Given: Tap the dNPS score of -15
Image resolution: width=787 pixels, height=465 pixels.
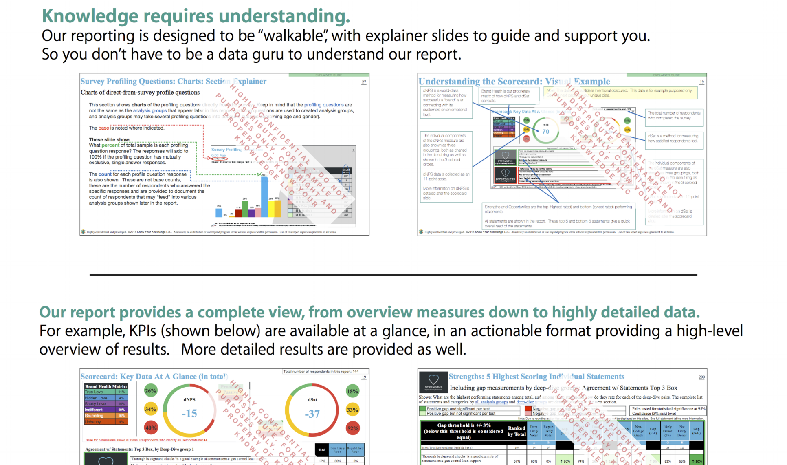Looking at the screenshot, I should [x=189, y=413].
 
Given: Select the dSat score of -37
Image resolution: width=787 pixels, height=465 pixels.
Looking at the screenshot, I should [x=312, y=414].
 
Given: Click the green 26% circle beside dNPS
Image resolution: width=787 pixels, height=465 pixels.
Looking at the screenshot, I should [x=151, y=391].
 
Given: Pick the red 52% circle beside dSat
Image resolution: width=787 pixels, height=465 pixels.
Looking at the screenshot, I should [x=353, y=428].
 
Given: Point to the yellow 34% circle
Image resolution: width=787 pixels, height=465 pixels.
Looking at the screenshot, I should [x=151, y=409].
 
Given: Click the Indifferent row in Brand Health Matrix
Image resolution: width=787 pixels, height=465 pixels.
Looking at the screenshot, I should [x=106, y=410].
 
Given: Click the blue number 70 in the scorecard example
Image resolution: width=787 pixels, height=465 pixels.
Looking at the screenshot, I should [x=546, y=131].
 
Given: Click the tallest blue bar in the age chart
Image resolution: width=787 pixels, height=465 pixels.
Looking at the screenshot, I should [x=264, y=196].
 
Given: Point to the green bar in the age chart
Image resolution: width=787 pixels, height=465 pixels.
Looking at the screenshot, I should [x=245, y=208].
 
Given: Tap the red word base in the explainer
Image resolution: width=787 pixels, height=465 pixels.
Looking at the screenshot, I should [x=103, y=128].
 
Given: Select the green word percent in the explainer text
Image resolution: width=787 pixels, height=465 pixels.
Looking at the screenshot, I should [x=110, y=145].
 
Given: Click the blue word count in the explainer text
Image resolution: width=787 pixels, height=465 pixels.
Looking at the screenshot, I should [x=105, y=174].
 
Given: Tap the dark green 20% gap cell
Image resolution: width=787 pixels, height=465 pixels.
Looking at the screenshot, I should [x=697, y=461].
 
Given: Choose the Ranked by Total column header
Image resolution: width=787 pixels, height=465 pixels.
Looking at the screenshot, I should [x=517, y=431].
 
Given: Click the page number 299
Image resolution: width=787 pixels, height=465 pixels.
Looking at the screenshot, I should [x=701, y=377].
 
